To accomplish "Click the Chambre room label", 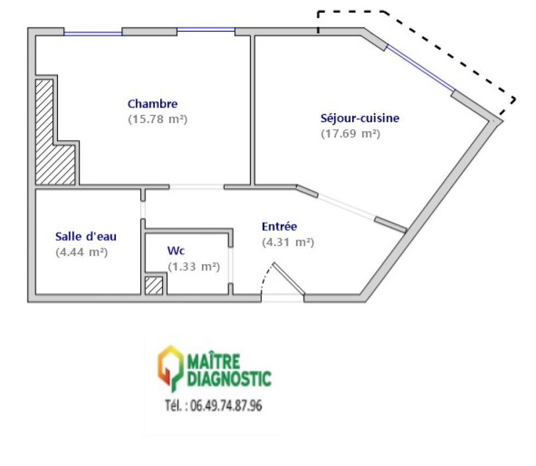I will coord(153,103).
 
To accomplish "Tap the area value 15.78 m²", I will coord(158,119).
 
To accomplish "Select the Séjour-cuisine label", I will coord(359,118).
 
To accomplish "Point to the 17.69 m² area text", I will coord(350,133).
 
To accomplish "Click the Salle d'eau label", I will coord(86,237).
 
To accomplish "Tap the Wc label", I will coord(175,251).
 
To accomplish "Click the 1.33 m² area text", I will coord(194,266).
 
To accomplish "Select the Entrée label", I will coord(279,226).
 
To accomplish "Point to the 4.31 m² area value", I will coord(288,242).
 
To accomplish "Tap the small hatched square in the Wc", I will coord(154,286).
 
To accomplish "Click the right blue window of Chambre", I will coord(206,30).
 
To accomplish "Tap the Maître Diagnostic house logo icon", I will coord(170,368).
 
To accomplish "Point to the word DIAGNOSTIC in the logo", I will coord(229,377).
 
